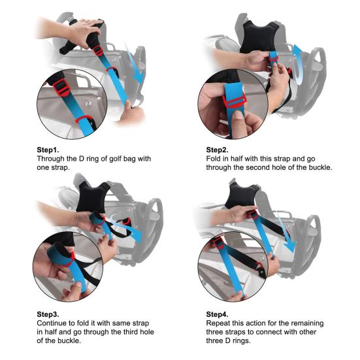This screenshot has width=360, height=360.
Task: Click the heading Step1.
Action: [49, 149]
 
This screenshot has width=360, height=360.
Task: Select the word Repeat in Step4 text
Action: [220, 324]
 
